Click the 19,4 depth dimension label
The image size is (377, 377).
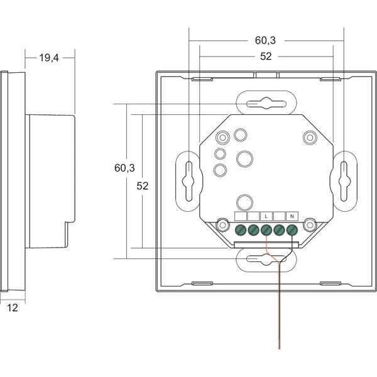click(49, 58)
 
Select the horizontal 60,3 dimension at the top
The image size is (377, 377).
click(265, 41)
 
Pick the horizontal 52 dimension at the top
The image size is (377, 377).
click(265, 57)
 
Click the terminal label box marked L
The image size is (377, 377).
click(266, 216)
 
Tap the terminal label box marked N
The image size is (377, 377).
click(292, 216)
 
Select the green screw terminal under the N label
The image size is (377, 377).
click(292, 229)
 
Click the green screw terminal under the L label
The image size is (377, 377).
click(266, 229)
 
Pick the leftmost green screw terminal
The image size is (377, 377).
click(241, 229)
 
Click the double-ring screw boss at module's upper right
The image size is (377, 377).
click(309, 138)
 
